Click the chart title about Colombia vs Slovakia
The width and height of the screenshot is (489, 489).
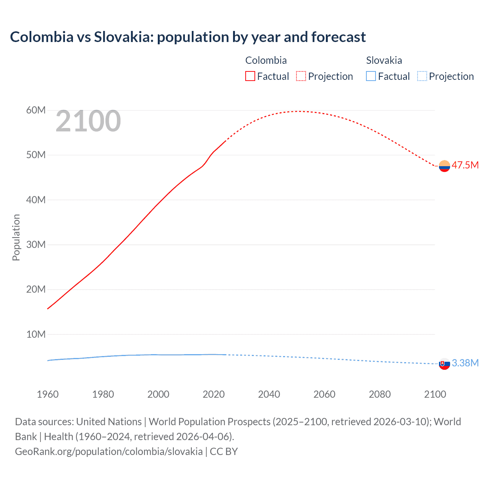188,37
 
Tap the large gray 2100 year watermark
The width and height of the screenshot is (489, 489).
88,121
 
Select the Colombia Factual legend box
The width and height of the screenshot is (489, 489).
250,76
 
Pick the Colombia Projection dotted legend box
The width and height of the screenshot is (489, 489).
301,76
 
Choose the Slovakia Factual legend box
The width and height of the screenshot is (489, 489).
371,76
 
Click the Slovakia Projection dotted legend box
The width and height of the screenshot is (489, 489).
422,76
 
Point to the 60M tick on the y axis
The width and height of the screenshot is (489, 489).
36,110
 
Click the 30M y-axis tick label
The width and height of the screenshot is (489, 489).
36,244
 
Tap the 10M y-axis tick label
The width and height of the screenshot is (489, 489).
36,334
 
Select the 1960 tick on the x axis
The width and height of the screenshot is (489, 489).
48,394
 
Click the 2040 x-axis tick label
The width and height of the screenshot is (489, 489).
269,394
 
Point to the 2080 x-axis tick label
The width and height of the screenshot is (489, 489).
380,394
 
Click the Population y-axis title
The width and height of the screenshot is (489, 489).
16,237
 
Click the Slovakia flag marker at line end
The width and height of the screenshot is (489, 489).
444,364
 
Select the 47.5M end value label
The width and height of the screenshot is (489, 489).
465,165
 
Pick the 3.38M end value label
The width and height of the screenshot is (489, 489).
465,363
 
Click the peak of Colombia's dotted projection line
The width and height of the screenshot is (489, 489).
300,111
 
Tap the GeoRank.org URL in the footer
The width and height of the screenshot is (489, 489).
109,451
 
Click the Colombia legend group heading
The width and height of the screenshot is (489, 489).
266,60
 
